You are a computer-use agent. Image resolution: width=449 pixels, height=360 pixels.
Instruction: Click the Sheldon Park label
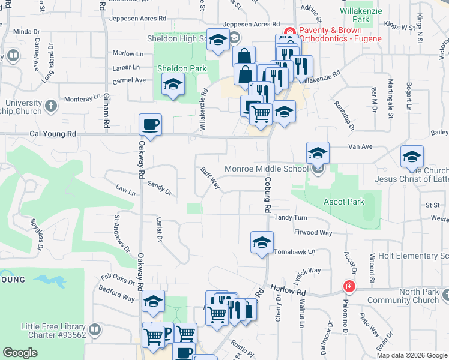point(182,69)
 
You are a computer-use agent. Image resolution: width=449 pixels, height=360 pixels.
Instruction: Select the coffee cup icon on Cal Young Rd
point(150,125)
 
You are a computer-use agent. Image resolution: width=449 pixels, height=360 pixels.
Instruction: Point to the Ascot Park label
point(343,202)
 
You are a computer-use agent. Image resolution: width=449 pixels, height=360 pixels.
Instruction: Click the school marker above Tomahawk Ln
point(262,242)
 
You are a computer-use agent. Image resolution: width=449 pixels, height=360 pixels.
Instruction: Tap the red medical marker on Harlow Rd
point(348,287)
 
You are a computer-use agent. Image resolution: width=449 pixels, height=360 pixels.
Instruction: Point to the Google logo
point(20,353)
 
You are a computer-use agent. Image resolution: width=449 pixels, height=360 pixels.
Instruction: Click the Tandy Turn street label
point(291,217)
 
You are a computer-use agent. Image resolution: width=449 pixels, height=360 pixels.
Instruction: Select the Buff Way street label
point(210,179)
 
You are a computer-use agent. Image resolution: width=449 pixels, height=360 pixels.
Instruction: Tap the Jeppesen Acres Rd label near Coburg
point(252,25)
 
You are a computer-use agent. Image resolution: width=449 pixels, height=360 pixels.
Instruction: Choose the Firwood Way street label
point(313,232)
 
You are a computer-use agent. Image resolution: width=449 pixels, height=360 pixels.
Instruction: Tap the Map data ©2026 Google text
point(412,355)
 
